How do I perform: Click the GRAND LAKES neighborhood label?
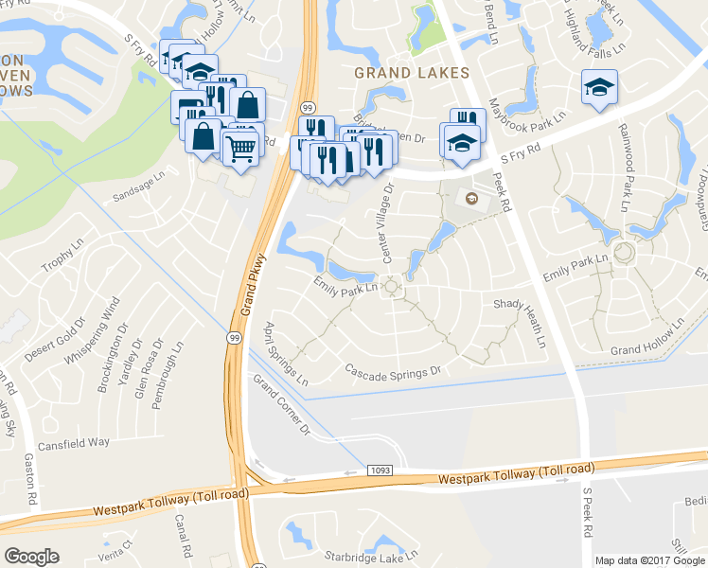411,73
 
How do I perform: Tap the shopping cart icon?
240,147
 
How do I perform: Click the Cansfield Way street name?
73,443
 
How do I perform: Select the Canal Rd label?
183,535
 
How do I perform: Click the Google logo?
31,557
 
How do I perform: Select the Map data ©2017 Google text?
649,560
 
